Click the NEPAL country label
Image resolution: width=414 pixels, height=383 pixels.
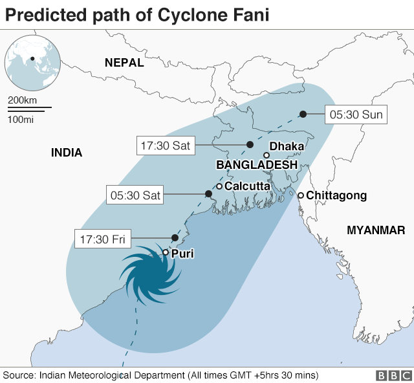click(124, 62)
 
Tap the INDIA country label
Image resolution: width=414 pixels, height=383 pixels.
click(67, 153)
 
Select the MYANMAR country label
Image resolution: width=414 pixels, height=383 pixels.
click(376, 230)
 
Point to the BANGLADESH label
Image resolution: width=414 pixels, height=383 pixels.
click(257, 165)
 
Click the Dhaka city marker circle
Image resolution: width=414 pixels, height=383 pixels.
click(267, 155)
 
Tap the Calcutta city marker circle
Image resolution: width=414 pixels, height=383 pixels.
click(219, 186)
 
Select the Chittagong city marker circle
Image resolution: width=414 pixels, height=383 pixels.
click(301, 195)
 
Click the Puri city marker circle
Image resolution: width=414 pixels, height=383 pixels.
click(166, 253)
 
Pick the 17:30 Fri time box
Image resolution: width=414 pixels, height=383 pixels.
click(102, 239)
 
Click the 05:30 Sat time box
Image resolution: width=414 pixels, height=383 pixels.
click(135, 193)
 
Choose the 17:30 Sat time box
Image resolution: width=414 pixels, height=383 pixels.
click(165, 146)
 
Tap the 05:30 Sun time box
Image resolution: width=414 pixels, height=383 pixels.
click(356, 115)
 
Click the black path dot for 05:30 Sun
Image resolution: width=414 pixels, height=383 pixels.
click(303, 115)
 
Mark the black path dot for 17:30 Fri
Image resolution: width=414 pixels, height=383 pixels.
click(174, 237)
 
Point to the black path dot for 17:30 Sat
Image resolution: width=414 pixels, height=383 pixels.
click(250, 145)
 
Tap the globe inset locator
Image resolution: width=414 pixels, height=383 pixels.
click(32, 62)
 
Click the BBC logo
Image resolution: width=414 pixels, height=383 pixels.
click(390, 375)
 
